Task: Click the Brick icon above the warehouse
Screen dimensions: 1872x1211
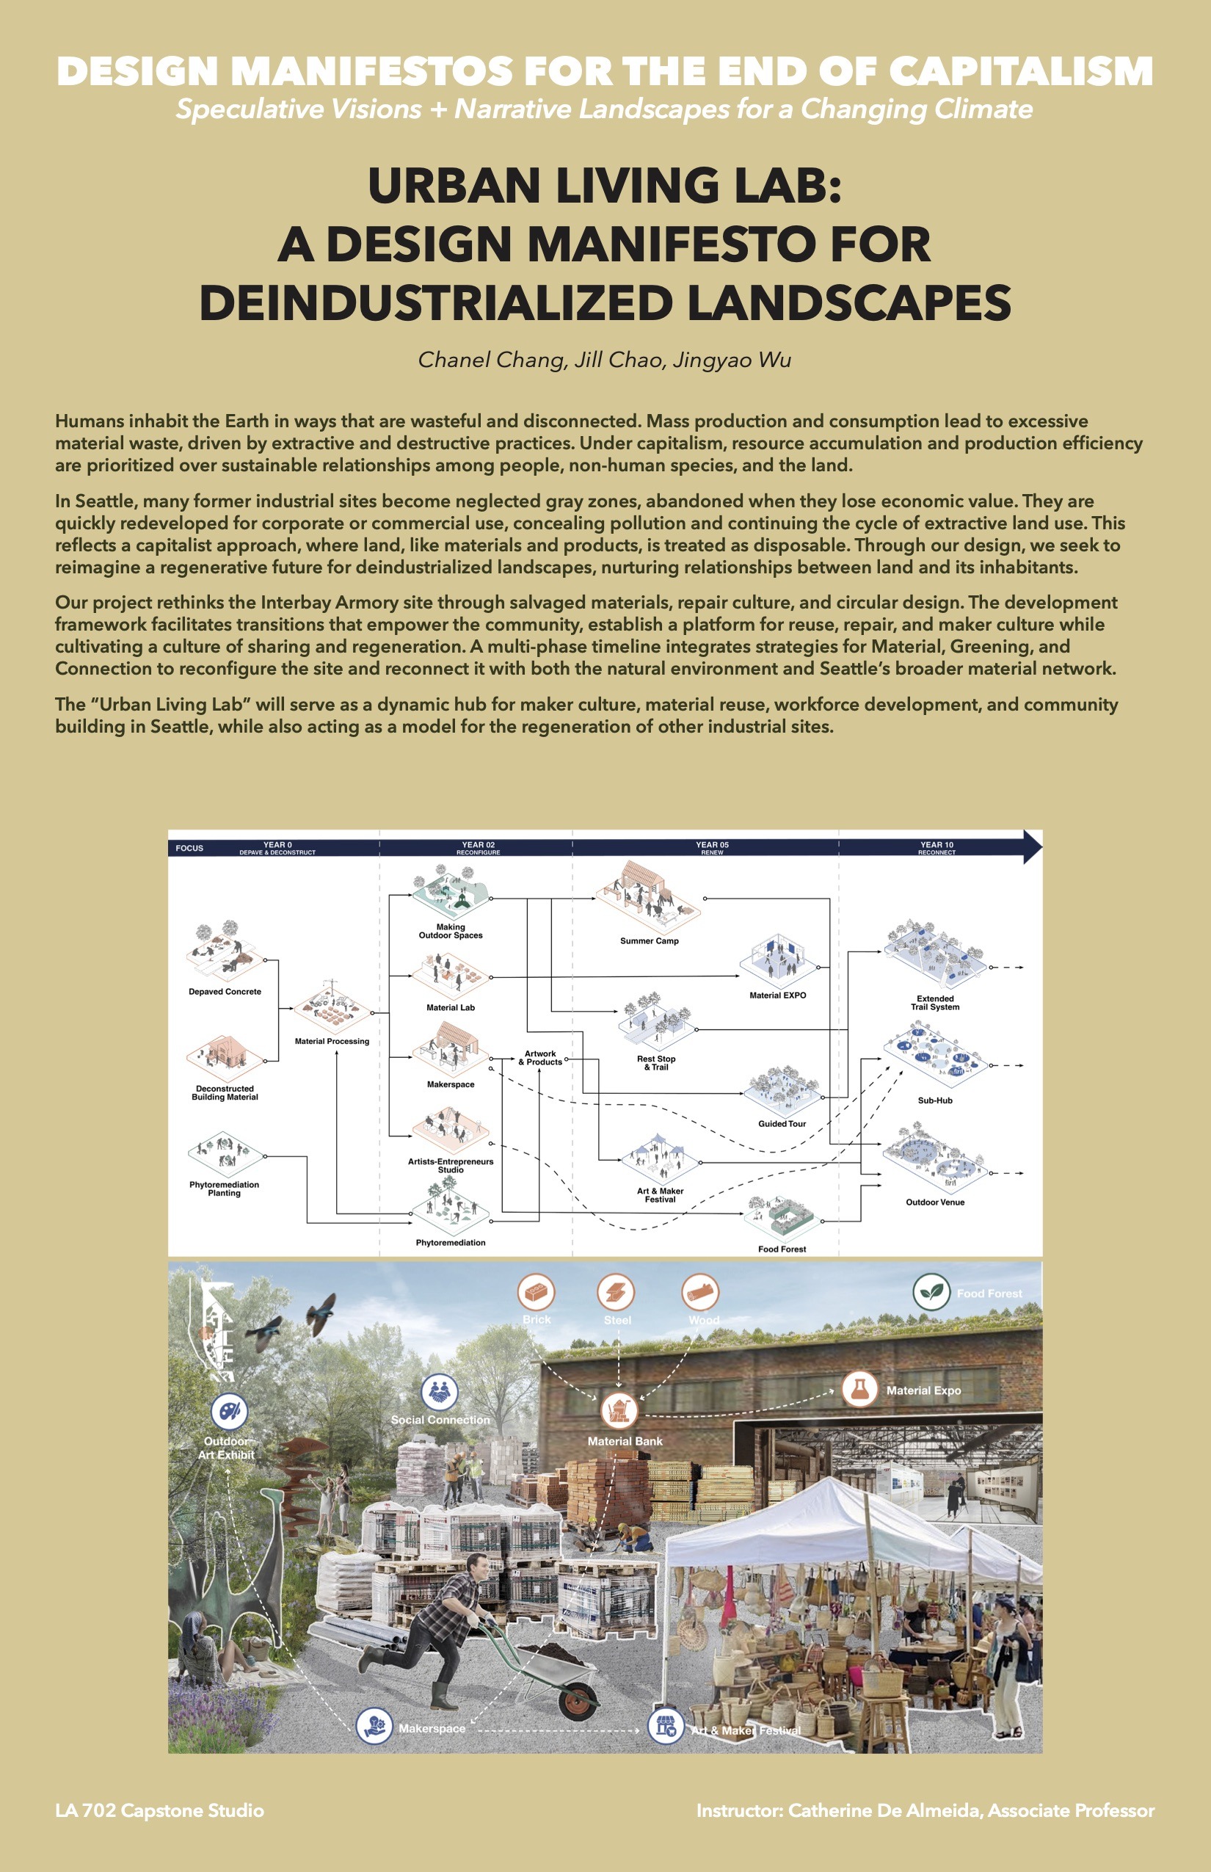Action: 537,1292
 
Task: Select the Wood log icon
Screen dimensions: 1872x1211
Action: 700,1292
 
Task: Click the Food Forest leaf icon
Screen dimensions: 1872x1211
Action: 931,1291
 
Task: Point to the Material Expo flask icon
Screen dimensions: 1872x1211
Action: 859,1389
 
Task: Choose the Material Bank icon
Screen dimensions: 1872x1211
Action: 619,1410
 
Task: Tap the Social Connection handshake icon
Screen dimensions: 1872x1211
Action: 440,1391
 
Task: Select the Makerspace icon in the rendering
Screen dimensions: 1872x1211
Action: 374,1727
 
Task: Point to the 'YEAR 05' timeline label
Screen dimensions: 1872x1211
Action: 712,845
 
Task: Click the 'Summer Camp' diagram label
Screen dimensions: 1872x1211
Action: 649,940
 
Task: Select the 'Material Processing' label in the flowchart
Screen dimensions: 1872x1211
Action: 332,1042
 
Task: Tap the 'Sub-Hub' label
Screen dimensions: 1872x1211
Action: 935,1100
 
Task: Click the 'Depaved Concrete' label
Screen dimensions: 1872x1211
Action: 225,992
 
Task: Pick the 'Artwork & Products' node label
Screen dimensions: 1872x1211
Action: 540,1058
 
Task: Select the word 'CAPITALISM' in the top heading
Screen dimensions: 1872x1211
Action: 1021,72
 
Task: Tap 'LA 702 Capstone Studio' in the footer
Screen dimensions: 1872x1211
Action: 160,1810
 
